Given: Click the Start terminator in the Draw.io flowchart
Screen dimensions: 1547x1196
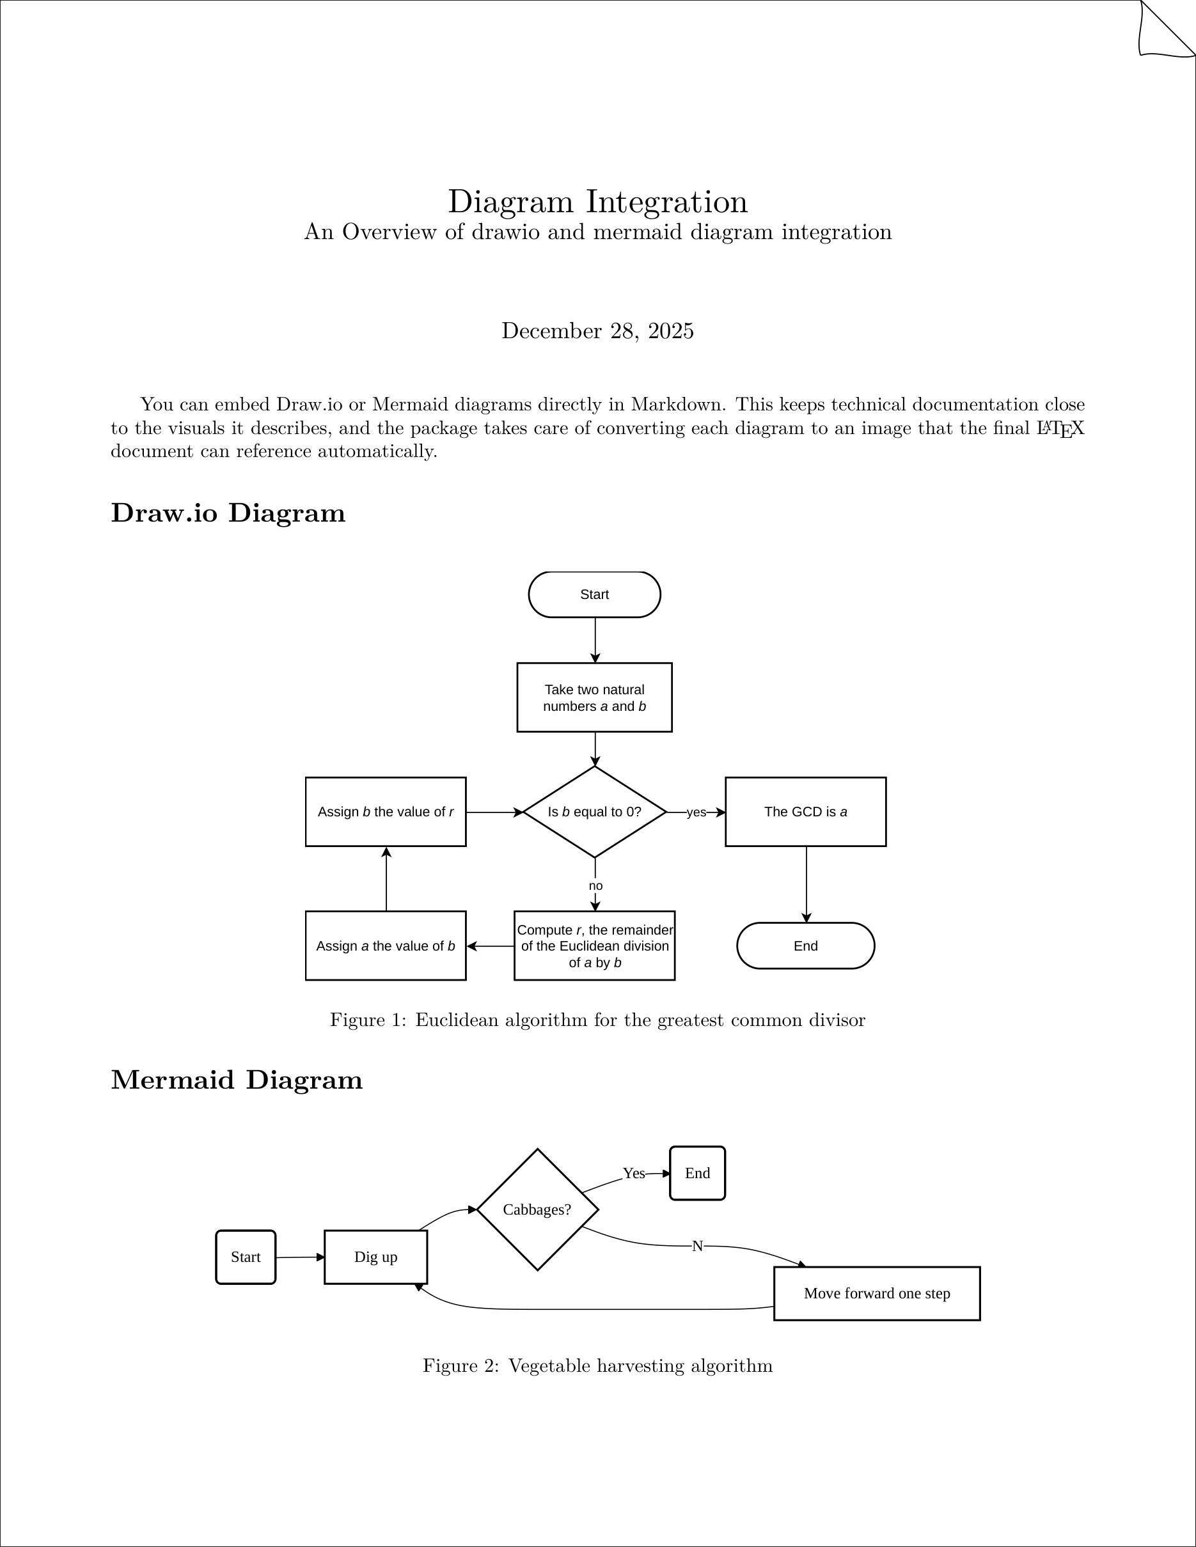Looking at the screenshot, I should click(594, 595).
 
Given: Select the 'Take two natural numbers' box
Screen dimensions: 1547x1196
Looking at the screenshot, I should click(594, 697).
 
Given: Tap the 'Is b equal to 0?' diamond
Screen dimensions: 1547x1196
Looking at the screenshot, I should click(594, 812).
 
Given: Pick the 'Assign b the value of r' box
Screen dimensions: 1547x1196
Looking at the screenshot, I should click(386, 812).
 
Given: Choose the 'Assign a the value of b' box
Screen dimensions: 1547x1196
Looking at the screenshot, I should click(386, 945).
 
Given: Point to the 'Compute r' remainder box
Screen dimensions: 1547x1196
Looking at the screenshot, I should click(594, 945).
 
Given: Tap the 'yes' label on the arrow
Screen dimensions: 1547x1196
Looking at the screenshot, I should click(696, 812).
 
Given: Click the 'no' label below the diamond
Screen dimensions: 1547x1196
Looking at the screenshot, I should click(595, 886).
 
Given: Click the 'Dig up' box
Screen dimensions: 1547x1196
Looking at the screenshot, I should click(375, 1257).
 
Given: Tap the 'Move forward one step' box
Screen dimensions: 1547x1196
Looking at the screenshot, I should click(876, 1293).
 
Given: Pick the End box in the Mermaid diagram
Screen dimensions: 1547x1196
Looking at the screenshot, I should click(697, 1174).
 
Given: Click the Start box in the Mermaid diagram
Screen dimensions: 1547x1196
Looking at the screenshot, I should click(245, 1257).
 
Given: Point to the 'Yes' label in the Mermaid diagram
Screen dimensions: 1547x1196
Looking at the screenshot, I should click(633, 1174).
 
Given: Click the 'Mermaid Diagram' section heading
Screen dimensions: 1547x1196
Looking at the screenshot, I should click(237, 1080).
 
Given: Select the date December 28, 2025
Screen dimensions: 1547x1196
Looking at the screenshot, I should click(597, 330).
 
